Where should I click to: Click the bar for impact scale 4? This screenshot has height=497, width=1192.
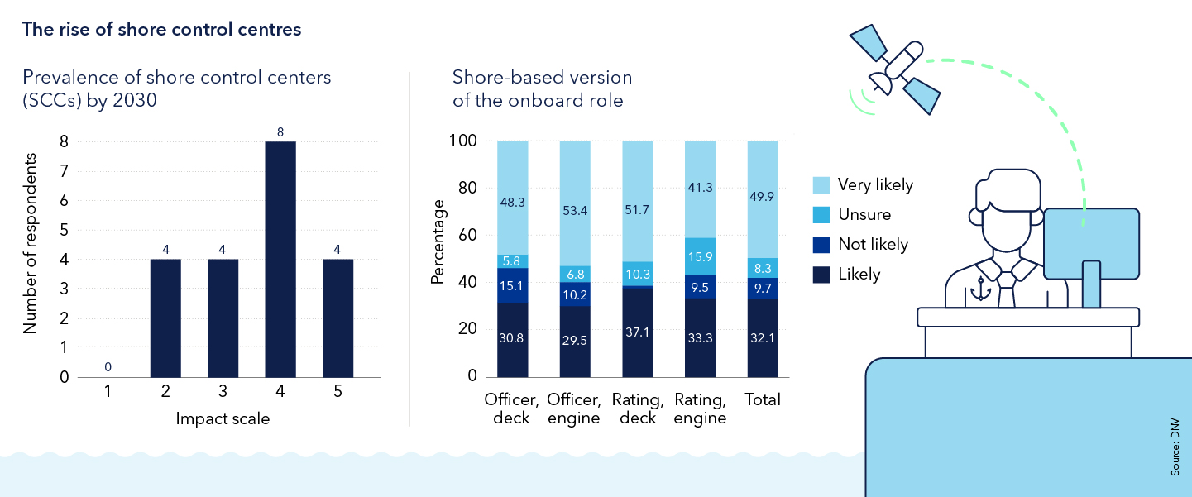tap(280, 260)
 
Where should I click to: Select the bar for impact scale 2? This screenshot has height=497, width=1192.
tap(165, 318)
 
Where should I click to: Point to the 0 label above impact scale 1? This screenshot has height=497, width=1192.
tap(108, 366)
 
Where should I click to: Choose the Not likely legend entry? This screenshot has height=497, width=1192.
tap(872, 244)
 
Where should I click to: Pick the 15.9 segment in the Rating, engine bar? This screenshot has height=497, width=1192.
tap(701, 257)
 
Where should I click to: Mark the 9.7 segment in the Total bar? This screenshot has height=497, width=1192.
tap(763, 287)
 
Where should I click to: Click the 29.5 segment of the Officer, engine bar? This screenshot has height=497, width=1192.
tap(576, 341)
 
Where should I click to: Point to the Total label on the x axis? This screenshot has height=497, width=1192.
tap(763, 400)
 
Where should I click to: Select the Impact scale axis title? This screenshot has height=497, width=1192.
tap(223, 419)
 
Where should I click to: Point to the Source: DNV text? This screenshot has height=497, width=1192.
tap(1175, 446)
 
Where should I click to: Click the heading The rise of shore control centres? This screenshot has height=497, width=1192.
tap(161, 30)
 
